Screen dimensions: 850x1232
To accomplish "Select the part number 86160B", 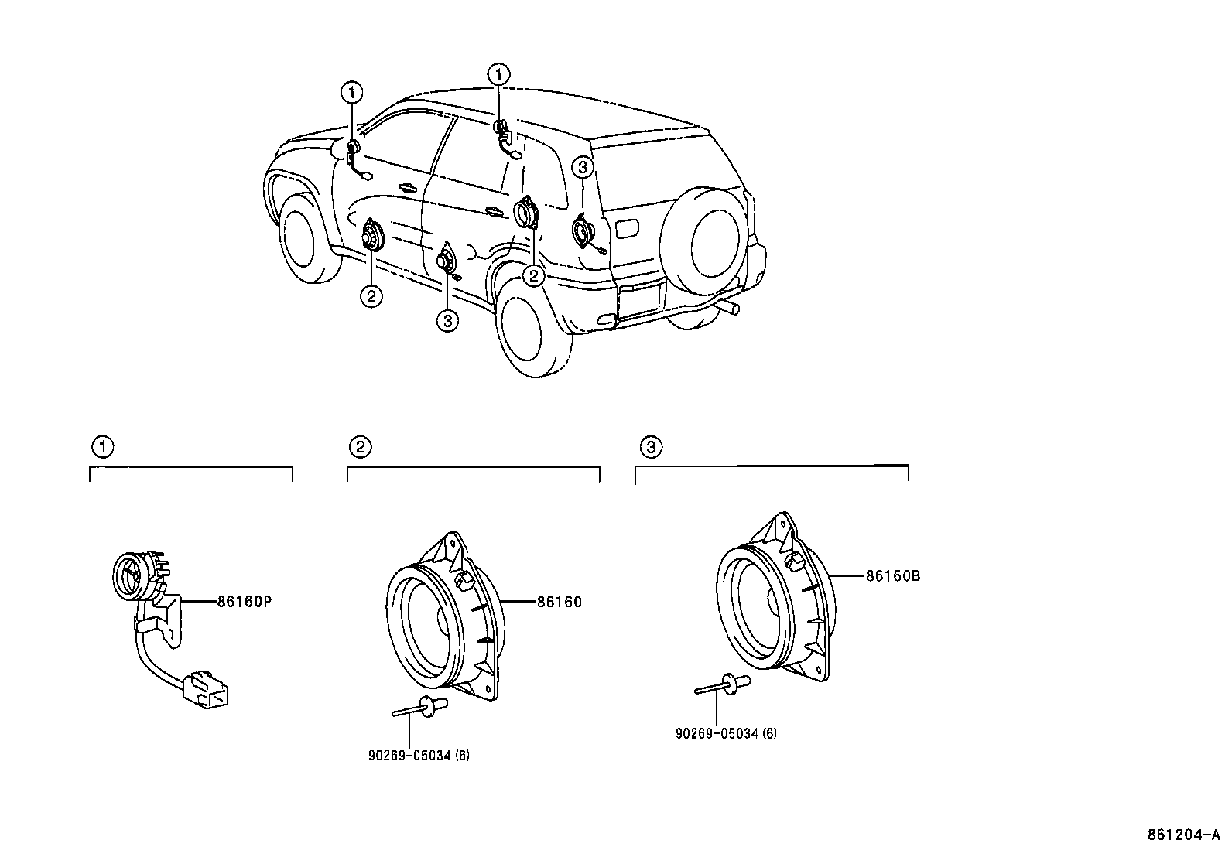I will (x=892, y=575).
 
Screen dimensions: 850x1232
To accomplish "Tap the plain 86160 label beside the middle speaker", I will (x=559, y=602).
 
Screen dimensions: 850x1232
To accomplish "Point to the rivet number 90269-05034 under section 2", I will (x=418, y=755).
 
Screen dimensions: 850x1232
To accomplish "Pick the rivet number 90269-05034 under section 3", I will (x=726, y=733).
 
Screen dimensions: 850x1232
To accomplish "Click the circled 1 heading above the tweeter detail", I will (x=102, y=446).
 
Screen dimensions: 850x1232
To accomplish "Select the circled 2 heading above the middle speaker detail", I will (x=360, y=446).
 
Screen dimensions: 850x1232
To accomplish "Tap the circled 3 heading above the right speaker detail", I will (x=651, y=446).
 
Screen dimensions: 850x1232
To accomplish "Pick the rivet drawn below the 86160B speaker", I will (x=725, y=685).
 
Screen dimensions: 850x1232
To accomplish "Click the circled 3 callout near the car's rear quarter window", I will (x=583, y=167).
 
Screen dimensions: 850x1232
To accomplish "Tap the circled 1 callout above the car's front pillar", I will (x=352, y=94).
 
